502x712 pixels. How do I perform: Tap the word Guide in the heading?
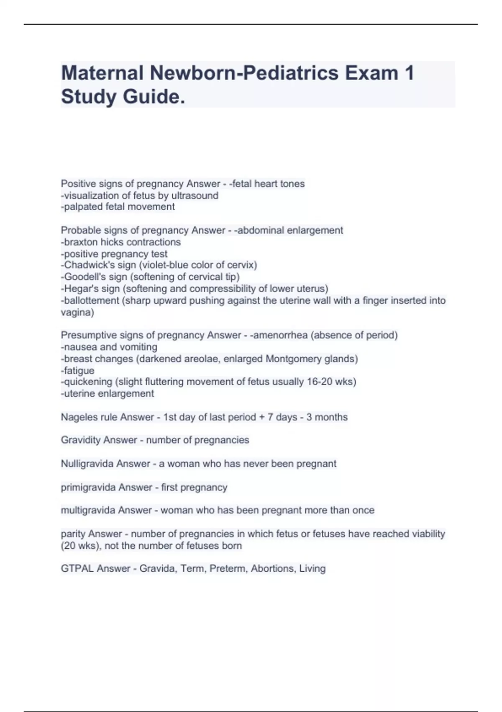tap(154, 97)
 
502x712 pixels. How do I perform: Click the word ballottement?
tap(90, 300)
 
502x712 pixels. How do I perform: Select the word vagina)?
tap(77, 312)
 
